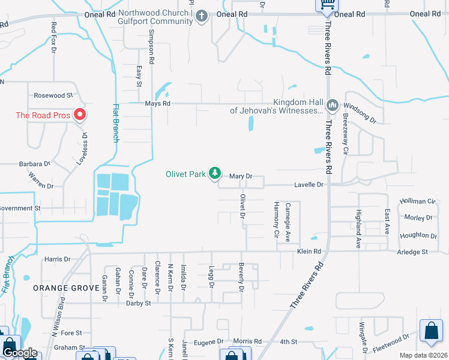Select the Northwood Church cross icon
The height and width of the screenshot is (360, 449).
click(202, 16)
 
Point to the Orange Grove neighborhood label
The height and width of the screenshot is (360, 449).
click(65, 288)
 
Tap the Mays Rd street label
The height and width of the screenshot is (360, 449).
click(158, 103)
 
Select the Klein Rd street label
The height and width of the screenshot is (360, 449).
click(309, 251)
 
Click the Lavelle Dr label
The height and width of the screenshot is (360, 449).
click(309, 185)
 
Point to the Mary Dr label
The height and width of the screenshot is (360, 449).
click(240, 176)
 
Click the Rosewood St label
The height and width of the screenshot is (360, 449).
click(53, 95)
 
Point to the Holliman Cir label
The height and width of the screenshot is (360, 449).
click(417, 202)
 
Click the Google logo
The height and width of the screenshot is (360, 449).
click(19, 353)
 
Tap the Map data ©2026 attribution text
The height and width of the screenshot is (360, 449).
click(423, 355)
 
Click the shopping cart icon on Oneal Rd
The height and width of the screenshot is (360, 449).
click(327, 4)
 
